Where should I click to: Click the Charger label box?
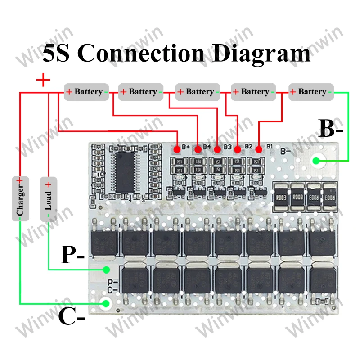(x=20, y=198)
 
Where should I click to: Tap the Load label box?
(x=48, y=198)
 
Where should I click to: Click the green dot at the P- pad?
(x=107, y=270)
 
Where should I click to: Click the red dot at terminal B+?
(x=178, y=148)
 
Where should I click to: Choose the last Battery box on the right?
(x=311, y=92)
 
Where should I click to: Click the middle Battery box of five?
(x=198, y=92)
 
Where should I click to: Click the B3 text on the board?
(x=227, y=146)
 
